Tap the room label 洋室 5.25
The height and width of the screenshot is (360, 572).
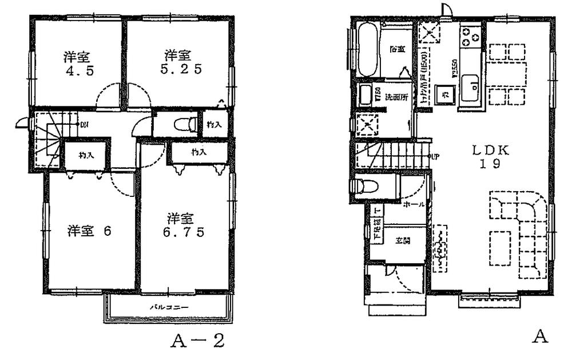[x=178, y=62]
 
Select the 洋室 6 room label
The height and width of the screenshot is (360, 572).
[x=89, y=231]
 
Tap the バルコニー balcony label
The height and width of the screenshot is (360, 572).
[x=169, y=307]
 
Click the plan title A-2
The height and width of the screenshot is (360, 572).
[x=197, y=342]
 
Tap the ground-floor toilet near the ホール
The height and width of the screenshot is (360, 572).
[x=367, y=187]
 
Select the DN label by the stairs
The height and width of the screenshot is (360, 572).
[x=84, y=124]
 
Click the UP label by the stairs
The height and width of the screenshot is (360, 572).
[x=435, y=156]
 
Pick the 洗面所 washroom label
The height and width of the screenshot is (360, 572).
[x=396, y=97]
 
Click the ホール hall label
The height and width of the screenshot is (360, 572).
[x=414, y=204]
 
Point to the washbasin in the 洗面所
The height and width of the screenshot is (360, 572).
[x=365, y=96]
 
